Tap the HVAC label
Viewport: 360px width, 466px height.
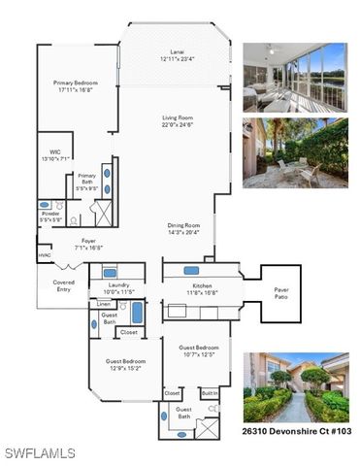(45, 256)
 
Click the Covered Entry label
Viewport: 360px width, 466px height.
(64, 285)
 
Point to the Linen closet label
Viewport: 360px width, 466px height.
(104, 305)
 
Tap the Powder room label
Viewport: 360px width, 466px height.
(51, 217)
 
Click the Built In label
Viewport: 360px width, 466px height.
(210, 393)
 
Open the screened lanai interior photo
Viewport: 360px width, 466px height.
(294, 78)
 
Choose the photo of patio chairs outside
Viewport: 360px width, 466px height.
(294, 152)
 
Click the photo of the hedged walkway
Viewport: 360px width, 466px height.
(294, 386)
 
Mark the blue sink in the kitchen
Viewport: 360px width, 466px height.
(190, 271)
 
